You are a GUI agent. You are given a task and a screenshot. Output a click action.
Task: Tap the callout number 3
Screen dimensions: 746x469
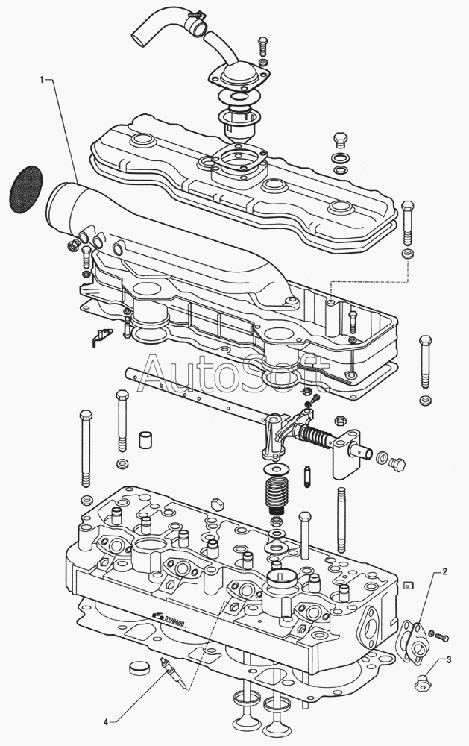pyautogui.click(x=449, y=659)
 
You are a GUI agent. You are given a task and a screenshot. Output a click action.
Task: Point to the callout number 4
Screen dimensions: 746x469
pyautogui.click(x=107, y=722)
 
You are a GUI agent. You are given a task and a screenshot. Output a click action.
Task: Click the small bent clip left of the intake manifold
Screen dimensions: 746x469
pyautogui.click(x=99, y=336)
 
